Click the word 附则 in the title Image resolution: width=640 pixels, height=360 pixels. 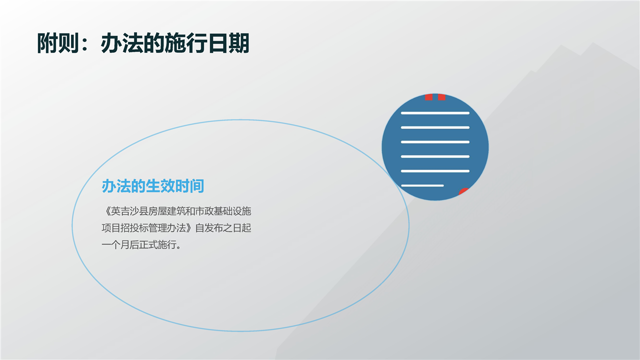click(x=57, y=43)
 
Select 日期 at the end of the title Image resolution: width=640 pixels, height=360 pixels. click(x=229, y=43)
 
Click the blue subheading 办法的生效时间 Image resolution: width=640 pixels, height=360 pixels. click(x=153, y=186)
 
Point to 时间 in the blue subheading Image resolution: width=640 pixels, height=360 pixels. click(x=189, y=186)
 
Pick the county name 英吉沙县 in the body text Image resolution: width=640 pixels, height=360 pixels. click(x=129, y=211)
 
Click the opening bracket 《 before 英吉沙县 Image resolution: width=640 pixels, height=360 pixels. click(x=106, y=211)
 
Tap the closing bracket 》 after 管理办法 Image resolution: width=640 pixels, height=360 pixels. click(x=190, y=228)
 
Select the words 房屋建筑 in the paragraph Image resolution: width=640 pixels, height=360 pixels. click(x=166, y=211)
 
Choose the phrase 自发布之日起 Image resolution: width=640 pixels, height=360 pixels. click(x=223, y=228)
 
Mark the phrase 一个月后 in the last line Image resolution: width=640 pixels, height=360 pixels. click(x=120, y=245)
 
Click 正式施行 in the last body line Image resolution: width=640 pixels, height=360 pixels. click(x=157, y=245)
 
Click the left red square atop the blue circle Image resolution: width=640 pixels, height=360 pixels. click(x=428, y=97)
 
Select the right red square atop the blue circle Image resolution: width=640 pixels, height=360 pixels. click(x=441, y=97)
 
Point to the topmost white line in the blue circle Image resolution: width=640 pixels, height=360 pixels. click(x=435, y=113)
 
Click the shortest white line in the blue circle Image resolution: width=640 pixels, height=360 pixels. click(x=422, y=185)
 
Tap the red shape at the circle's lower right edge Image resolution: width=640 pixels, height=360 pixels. click(x=463, y=191)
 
